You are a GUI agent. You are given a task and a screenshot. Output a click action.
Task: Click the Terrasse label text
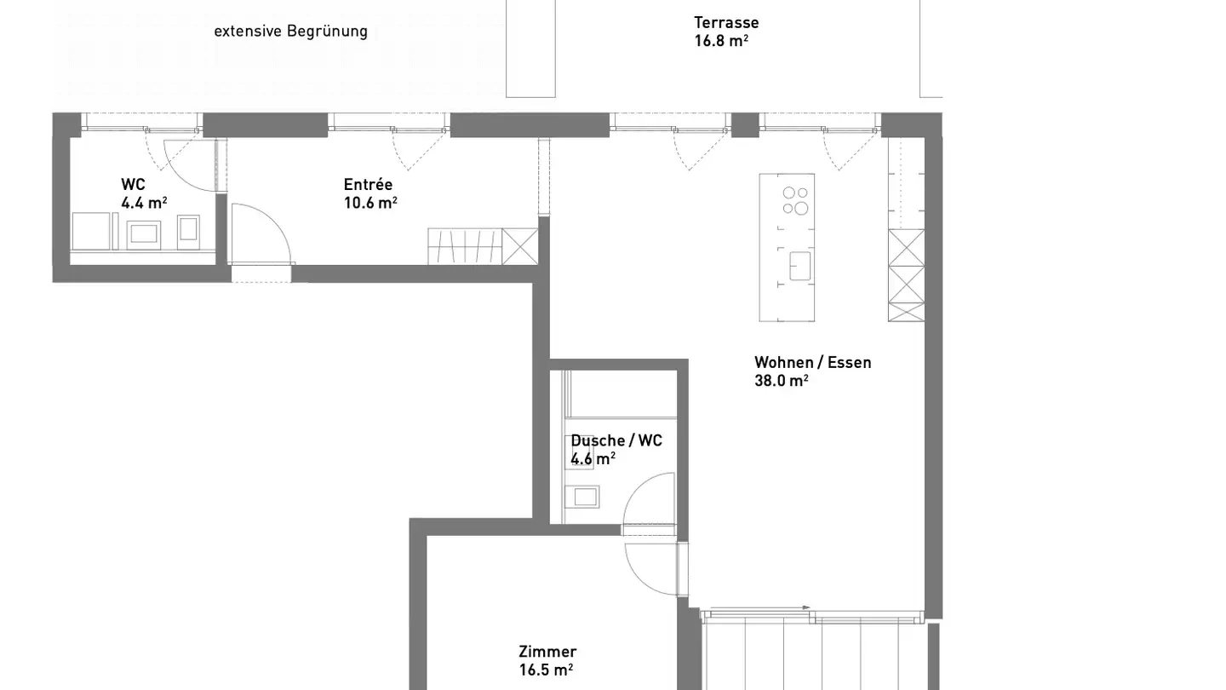tap(726, 22)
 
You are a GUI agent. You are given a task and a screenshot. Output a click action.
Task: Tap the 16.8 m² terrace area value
tap(721, 41)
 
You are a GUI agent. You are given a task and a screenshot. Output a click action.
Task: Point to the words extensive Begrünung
tap(290, 32)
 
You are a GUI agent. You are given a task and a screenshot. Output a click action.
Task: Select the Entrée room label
tap(368, 184)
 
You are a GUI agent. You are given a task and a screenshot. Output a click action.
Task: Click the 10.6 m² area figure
tap(370, 203)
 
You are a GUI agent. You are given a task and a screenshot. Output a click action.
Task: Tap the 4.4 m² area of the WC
tap(144, 203)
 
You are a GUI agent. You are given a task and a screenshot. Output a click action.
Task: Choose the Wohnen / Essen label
tap(813, 363)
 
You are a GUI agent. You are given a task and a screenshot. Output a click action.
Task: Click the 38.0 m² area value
tap(781, 381)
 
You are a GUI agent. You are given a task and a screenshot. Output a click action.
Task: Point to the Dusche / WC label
tap(616, 440)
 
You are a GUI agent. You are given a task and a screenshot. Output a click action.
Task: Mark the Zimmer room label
tap(547, 652)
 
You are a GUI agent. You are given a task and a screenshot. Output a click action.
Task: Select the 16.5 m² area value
tap(546, 670)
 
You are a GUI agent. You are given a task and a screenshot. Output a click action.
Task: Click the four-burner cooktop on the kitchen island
tap(795, 200)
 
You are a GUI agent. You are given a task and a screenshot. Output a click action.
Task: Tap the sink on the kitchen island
tap(799, 266)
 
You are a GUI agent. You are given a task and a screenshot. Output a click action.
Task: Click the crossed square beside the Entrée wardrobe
tap(520, 246)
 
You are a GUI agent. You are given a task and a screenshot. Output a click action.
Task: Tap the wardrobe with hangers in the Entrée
tap(465, 246)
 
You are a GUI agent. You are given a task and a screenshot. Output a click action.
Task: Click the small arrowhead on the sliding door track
tap(806, 607)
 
